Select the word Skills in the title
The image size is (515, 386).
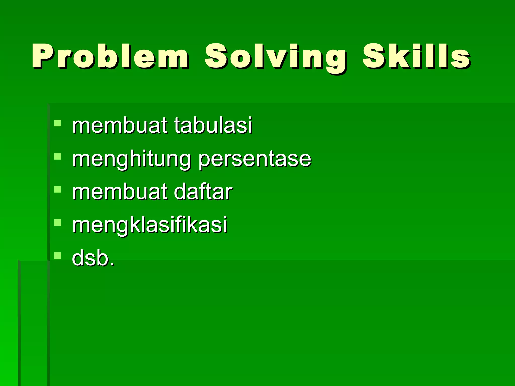coord(416,57)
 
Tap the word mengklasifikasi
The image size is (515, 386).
coord(150,225)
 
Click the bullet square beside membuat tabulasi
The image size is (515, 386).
coord(58,123)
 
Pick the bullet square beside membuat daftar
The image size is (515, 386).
coord(58,189)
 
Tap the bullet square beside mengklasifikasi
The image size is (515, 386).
coord(58,222)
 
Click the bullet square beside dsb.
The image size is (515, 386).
coord(58,256)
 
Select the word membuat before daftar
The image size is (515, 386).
coord(119,192)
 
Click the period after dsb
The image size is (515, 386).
coord(112,264)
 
